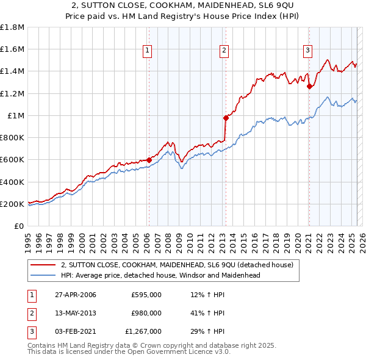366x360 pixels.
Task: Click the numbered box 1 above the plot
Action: (148, 51)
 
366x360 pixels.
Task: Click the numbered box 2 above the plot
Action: (224, 51)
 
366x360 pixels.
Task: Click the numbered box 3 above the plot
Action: (308, 51)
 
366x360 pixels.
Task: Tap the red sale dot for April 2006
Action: (149, 160)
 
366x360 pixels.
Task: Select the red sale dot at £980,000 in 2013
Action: (225, 118)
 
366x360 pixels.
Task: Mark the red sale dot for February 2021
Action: (309, 86)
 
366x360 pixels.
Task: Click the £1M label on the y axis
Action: (15, 116)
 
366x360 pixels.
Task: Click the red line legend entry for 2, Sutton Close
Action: (177, 265)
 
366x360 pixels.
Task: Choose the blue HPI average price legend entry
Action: (160, 276)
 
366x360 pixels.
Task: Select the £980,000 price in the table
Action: (146, 314)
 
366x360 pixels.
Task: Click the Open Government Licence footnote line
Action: (129, 352)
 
